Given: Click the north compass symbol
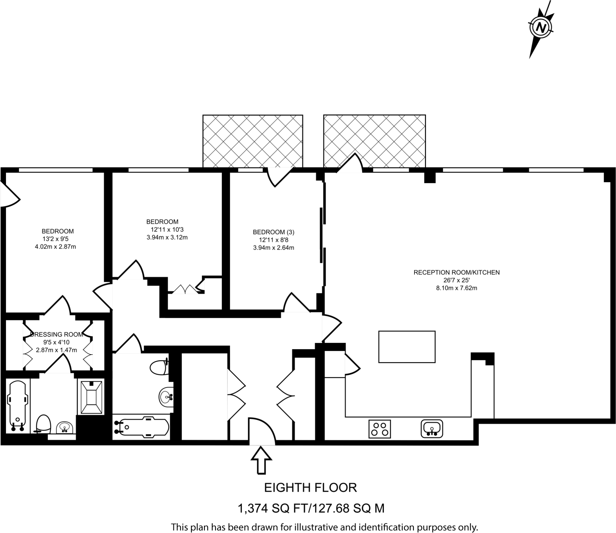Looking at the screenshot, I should [541, 29].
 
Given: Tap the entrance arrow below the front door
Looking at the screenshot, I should [261, 460].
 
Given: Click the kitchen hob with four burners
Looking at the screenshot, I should [380, 429].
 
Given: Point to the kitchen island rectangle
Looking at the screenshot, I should [407, 347].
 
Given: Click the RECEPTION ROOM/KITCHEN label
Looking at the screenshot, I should [456, 273].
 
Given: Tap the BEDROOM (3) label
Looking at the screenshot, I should [273, 232].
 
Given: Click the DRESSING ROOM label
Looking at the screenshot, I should [57, 334].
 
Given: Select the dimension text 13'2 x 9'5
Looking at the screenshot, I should [56, 239].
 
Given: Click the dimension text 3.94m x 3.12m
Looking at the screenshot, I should [167, 237].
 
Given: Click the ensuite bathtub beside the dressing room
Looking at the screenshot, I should [18, 406].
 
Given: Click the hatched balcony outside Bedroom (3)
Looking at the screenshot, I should [253, 141].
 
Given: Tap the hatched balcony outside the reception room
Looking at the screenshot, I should [374, 141].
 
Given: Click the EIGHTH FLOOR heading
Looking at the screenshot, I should [310, 488].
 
